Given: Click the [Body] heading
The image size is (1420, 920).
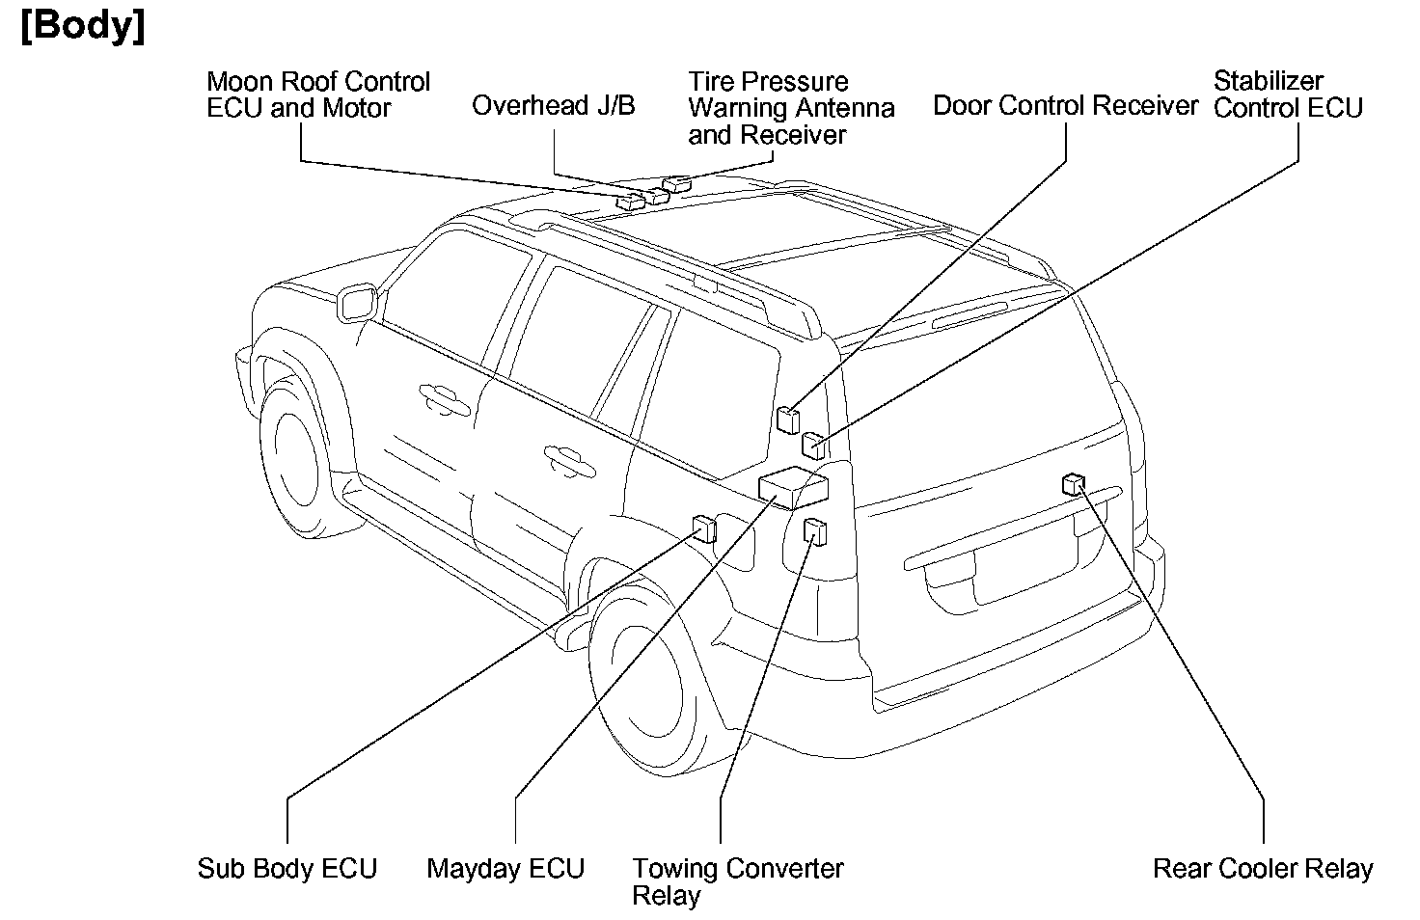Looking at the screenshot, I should [x=83, y=26].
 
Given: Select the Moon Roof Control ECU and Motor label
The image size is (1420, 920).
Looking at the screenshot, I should [x=318, y=95].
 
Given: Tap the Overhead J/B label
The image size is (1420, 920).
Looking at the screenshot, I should [x=553, y=105].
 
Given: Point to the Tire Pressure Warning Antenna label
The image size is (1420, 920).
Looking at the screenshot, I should [x=791, y=107].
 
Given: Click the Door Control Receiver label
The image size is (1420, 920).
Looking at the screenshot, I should [x=1065, y=105].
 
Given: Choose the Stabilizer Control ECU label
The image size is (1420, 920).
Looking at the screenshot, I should [x=1288, y=95].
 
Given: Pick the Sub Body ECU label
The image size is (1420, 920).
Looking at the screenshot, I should [x=287, y=868].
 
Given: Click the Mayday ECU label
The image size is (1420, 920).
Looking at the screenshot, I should [x=505, y=868].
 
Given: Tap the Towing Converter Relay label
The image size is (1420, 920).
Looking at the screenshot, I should [x=737, y=880].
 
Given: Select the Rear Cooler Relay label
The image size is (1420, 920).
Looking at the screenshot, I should [x=1262, y=868].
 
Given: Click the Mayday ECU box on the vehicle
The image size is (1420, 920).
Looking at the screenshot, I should [x=793, y=485].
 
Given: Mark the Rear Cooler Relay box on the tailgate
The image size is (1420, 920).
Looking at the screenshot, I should [x=1073, y=483].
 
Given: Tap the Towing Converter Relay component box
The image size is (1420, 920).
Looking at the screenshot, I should [x=815, y=530].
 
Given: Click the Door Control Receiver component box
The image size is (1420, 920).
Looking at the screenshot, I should [x=789, y=419].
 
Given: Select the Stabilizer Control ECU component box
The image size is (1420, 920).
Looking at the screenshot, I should [x=814, y=446].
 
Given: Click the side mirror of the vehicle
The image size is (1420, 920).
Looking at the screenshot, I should [x=358, y=302].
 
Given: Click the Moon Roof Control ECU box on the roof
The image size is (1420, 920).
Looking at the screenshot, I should [x=632, y=201].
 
